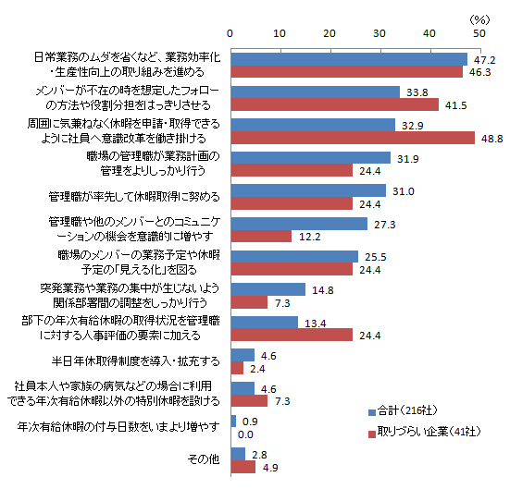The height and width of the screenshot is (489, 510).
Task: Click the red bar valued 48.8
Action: click(x=353, y=138)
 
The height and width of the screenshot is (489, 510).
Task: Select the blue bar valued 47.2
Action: click(x=349, y=59)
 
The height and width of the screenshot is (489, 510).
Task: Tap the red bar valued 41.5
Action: click(x=335, y=104)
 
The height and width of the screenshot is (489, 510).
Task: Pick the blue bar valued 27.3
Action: click(x=299, y=224)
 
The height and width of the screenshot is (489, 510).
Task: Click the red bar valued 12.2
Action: click(x=262, y=236)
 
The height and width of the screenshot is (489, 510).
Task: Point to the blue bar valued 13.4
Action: click(x=265, y=323)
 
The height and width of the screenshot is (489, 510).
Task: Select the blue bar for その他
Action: click(x=238, y=454)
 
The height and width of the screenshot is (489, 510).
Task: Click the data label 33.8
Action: click(x=417, y=92)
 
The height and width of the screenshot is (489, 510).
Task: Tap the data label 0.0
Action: click(x=245, y=434)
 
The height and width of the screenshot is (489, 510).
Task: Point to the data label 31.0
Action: click(x=404, y=191)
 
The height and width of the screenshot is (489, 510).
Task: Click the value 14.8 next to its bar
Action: click(x=323, y=290)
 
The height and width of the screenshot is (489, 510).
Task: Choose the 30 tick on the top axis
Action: click(x=379, y=33)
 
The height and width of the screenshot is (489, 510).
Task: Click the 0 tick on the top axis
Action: click(x=230, y=33)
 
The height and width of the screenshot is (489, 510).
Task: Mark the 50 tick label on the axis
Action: click(x=479, y=33)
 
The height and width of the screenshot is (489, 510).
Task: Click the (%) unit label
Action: click(x=479, y=20)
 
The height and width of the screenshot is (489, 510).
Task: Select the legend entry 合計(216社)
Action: click(x=403, y=411)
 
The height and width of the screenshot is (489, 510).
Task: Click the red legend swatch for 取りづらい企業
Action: click(x=372, y=434)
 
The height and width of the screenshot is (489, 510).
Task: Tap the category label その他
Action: click(x=204, y=459)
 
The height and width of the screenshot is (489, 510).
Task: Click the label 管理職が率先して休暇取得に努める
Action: click(x=134, y=197)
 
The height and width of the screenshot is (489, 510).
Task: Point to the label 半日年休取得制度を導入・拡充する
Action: click(x=136, y=361)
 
